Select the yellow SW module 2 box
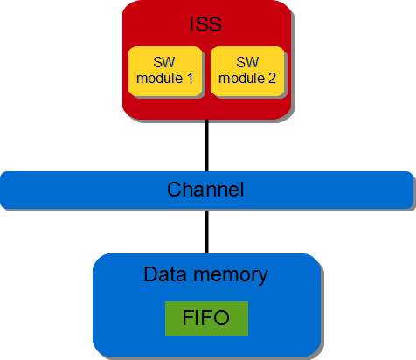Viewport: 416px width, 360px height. [247, 73]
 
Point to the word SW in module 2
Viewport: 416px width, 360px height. [247, 64]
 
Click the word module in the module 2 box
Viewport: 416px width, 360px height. [241, 80]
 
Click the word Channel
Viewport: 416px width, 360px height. [205, 190]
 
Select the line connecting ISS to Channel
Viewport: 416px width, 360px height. [207, 145]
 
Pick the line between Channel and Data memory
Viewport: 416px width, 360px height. [207, 232]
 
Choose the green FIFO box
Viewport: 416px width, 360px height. [206, 317]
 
